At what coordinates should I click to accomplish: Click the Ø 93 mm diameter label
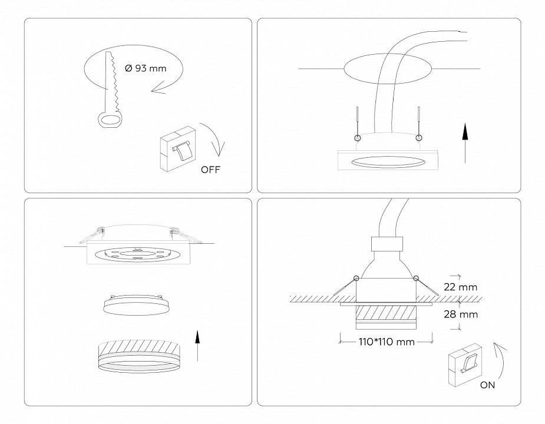pyautogui.click(x=146, y=68)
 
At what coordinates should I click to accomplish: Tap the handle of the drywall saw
pyautogui.click(x=108, y=121)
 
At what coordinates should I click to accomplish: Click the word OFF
pyautogui.click(x=211, y=170)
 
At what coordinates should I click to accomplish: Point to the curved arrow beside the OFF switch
pyautogui.click(x=213, y=139)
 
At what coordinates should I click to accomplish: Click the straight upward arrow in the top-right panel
pyautogui.click(x=465, y=143)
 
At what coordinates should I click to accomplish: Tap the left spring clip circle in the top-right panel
pyautogui.click(x=356, y=138)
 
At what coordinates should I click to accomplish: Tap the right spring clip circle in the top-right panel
pyautogui.click(x=419, y=138)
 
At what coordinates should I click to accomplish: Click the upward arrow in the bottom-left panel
pyautogui.click(x=197, y=347)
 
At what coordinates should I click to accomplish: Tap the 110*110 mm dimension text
pyautogui.click(x=386, y=341)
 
